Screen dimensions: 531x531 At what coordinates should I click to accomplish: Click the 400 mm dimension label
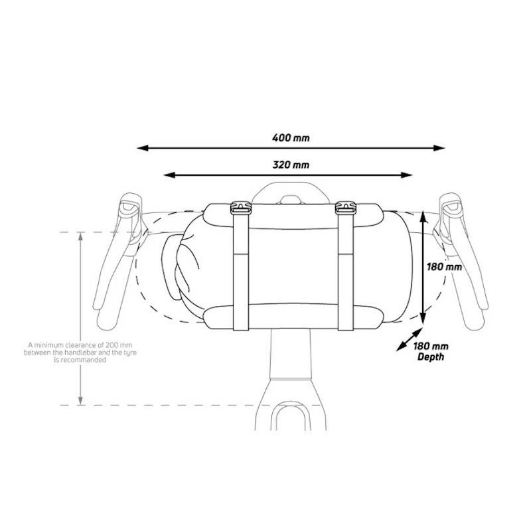291,138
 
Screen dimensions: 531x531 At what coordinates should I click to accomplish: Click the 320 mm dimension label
291,165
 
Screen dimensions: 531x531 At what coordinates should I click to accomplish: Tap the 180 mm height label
444,267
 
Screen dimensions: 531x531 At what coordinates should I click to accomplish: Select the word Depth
430,357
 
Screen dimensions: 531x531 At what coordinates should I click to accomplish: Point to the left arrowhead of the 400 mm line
143,148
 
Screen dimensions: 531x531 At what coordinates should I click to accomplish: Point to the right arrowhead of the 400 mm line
439,148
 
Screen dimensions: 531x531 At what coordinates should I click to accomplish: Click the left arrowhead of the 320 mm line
169,175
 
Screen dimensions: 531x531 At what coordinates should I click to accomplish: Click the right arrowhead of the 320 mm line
406,175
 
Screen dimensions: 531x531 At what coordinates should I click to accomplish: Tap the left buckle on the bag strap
241,207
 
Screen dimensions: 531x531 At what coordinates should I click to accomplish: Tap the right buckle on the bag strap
346,207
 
